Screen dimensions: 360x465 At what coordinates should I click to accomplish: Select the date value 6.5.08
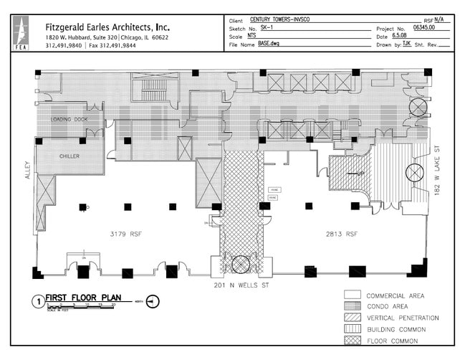[x=401, y=35]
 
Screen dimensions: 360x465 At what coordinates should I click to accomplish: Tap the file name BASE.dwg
[x=272, y=44]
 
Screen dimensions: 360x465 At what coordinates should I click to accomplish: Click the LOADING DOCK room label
[x=68, y=118]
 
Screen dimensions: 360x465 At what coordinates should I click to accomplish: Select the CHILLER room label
[x=69, y=156]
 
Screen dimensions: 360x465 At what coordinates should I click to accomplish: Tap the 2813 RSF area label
[x=342, y=234]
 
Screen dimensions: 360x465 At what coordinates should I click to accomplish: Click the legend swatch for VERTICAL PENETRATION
[x=352, y=318]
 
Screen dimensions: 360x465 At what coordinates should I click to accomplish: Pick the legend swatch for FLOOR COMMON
[x=352, y=340]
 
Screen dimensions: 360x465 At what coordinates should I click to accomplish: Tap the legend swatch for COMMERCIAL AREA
[x=352, y=295]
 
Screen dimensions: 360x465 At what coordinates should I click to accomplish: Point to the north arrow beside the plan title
[x=151, y=301]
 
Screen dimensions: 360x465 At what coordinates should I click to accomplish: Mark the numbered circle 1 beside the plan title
[x=37, y=302]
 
